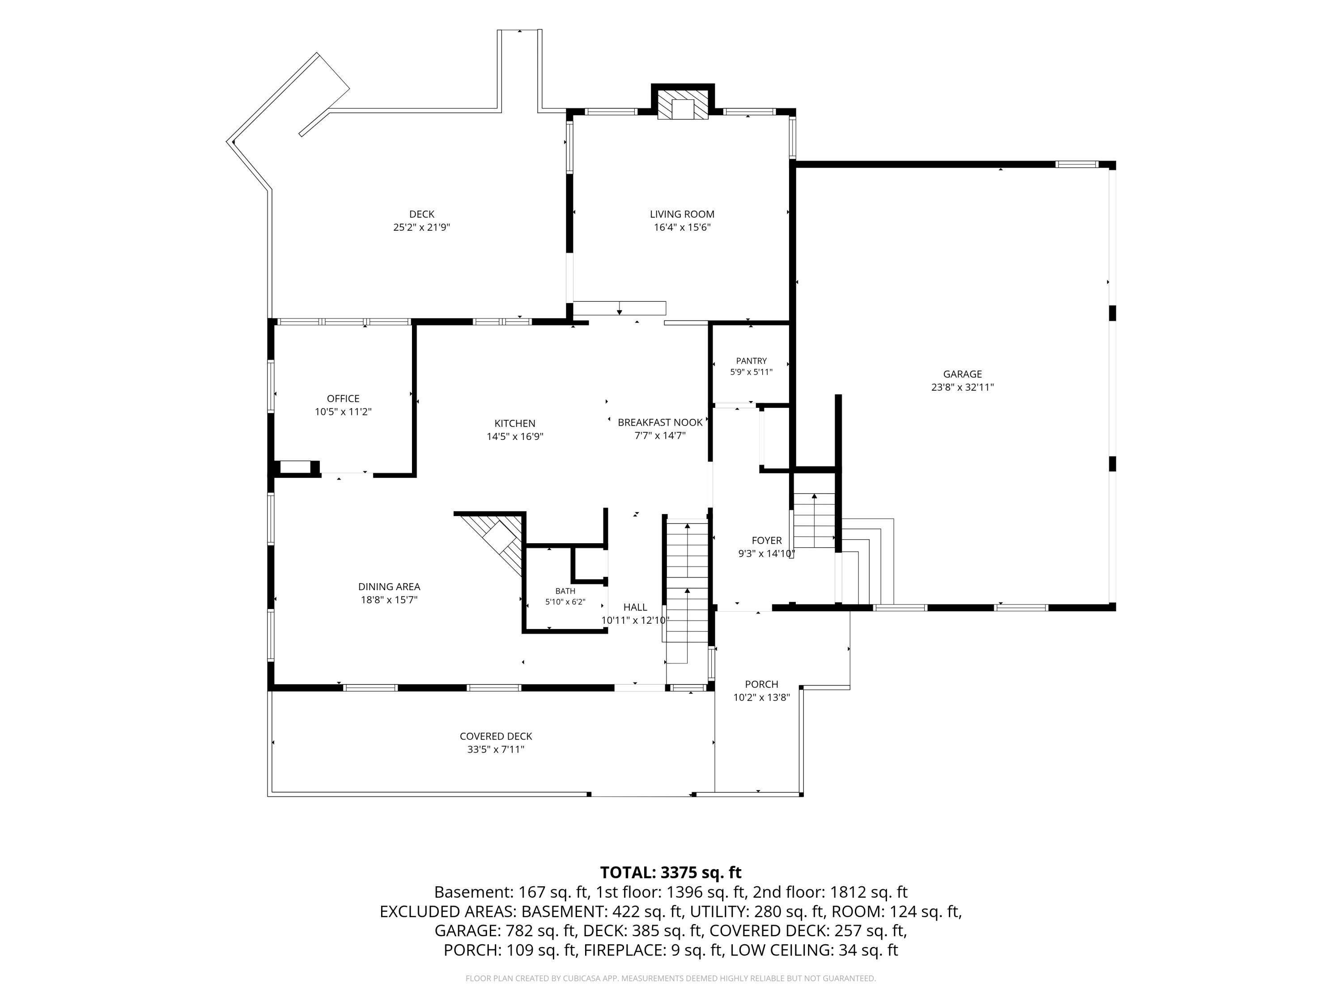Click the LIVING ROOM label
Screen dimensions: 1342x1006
coord(682,214)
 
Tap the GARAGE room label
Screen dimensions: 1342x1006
coord(962,374)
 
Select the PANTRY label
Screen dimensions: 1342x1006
coord(751,361)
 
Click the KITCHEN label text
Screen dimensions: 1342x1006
coord(514,423)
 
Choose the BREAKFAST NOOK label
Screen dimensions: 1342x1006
coord(660,422)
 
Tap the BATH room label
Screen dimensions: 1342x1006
coord(565,591)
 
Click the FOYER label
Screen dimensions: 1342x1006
coord(766,540)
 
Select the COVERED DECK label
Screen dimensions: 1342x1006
coord(496,736)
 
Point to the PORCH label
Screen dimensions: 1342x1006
coord(761,684)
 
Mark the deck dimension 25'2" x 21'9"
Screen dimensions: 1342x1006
coord(422,228)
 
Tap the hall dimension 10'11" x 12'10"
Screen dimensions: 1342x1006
coord(635,620)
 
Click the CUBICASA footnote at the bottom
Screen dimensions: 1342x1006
coord(671,978)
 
